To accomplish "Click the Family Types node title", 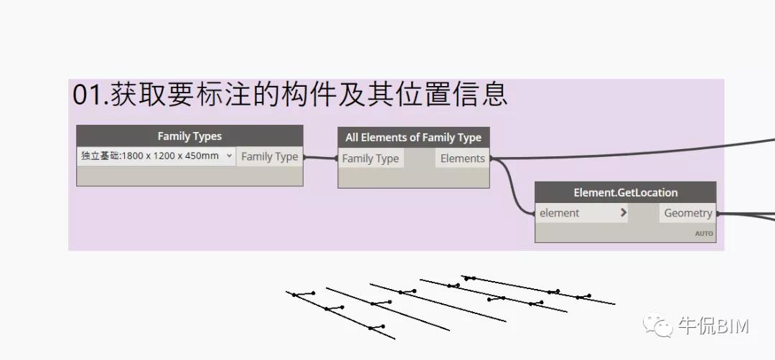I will click(189, 136).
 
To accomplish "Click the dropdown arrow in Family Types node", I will click(229, 156).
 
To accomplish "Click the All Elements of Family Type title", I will click(413, 138).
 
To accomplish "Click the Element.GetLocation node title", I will click(625, 192).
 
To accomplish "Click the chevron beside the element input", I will click(623, 213).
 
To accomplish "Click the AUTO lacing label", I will click(703, 234).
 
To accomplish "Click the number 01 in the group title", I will click(89, 95).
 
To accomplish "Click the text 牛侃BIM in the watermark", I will click(713, 327).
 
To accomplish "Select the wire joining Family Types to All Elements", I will click(320, 158).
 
